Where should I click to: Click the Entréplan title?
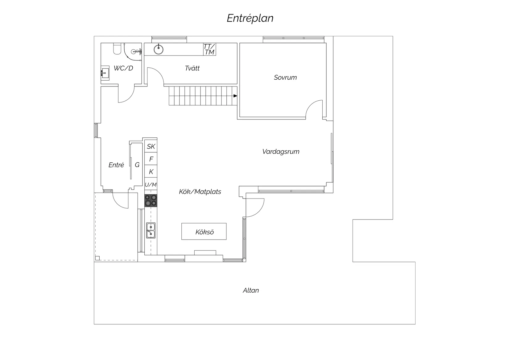click(x=250, y=18)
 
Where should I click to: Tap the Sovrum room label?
click(x=285, y=77)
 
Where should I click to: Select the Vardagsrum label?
click(x=281, y=152)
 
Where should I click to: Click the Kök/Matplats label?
click(x=200, y=192)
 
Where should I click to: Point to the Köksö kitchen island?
click(x=204, y=232)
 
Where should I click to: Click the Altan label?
click(x=250, y=291)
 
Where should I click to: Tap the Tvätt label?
click(x=192, y=68)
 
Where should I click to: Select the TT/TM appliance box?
click(x=209, y=49)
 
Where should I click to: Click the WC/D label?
click(x=123, y=68)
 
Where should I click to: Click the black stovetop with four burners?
click(x=151, y=200)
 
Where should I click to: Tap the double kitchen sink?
click(x=151, y=230)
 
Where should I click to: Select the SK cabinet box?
click(x=151, y=146)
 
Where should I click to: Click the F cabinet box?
click(x=151, y=159)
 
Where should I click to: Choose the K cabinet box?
click(x=151, y=172)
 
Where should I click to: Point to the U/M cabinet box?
click(x=151, y=185)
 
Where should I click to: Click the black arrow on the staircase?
click(x=235, y=96)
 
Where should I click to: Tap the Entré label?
click(x=116, y=165)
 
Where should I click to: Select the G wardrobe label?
click(x=137, y=165)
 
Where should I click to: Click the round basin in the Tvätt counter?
click(x=159, y=48)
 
